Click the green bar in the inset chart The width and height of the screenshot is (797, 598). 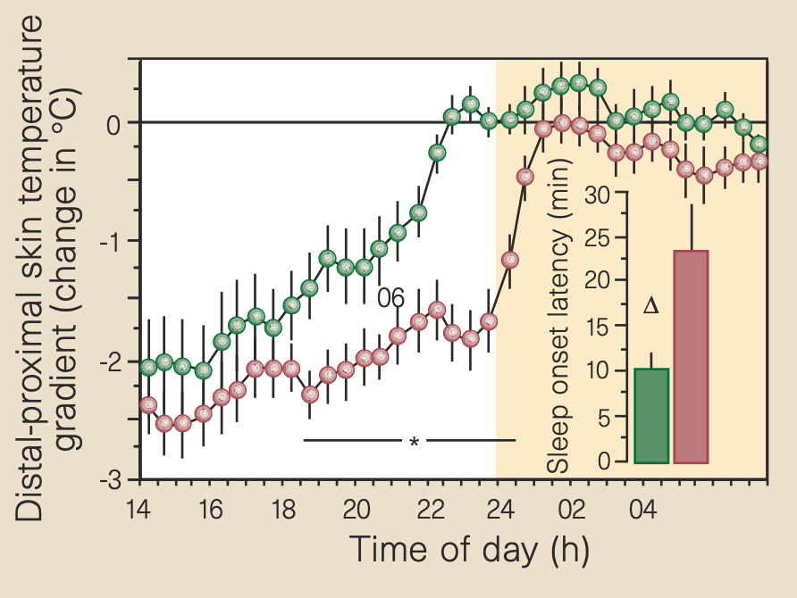(650, 415)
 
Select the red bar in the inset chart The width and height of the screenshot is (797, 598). (691, 357)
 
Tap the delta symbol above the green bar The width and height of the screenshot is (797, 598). (650, 306)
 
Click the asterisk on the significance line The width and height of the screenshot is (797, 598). (414, 442)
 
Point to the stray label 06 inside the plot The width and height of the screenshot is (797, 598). (391, 298)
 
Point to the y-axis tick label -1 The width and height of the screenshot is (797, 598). (116, 242)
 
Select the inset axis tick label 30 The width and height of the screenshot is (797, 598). (600, 195)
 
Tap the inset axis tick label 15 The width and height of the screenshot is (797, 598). (600, 327)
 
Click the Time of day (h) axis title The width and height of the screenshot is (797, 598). (469, 548)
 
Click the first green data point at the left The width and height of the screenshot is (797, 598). (148, 366)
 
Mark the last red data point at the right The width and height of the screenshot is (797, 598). (759, 162)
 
